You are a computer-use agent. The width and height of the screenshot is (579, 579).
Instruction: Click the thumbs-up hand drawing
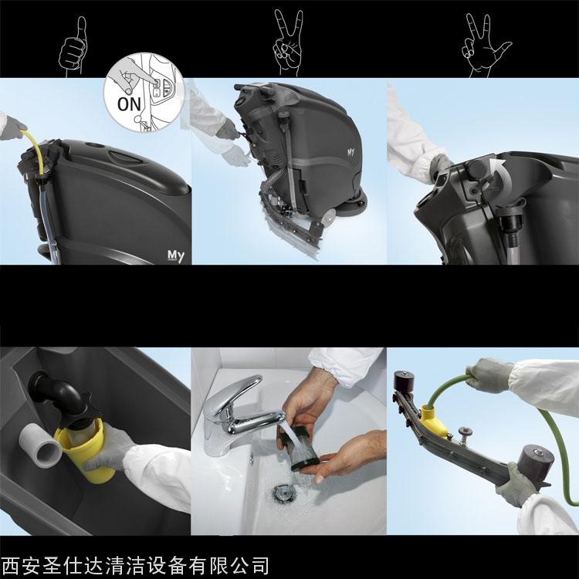[x=73, y=48]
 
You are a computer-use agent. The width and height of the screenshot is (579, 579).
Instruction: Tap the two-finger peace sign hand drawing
[x=288, y=42]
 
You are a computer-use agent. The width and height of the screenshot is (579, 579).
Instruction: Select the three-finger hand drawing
[x=484, y=46]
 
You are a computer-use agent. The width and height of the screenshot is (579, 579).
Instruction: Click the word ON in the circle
[x=129, y=104]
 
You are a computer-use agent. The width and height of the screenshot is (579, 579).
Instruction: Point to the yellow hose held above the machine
[x=34, y=147]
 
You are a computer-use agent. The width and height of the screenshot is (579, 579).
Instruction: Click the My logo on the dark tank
[x=175, y=256]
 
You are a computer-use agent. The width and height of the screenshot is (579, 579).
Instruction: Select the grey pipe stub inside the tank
[x=41, y=445]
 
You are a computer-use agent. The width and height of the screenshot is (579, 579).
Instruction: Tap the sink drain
[x=283, y=494]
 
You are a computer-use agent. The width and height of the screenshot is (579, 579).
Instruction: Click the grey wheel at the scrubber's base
[x=329, y=215]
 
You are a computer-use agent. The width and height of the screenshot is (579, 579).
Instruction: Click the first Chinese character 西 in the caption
[x=11, y=565]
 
